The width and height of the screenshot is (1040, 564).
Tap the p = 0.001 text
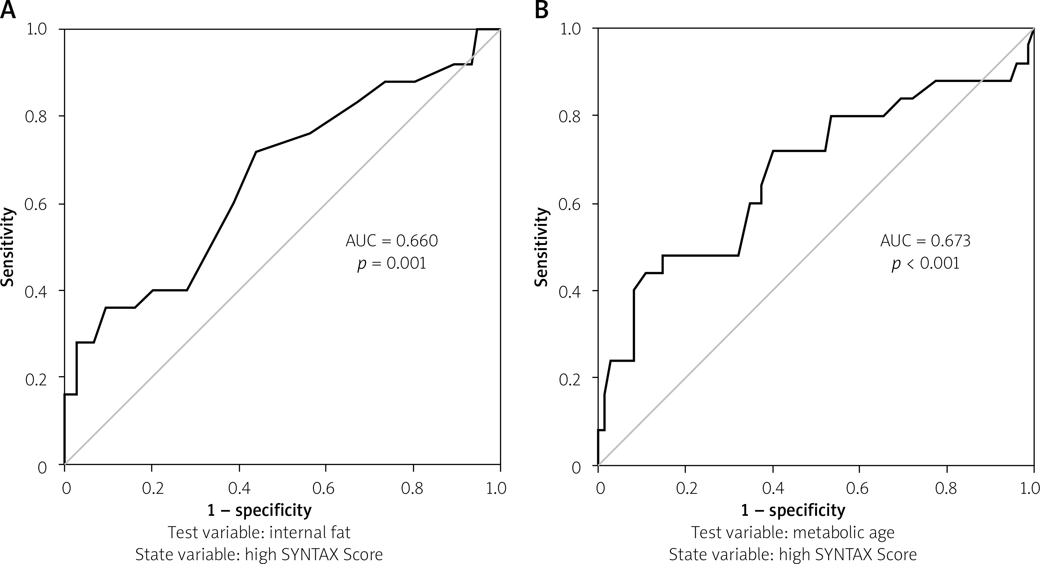click(x=392, y=263)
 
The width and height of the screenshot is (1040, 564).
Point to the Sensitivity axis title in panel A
click(x=7, y=247)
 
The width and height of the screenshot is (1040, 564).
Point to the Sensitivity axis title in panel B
click(x=541, y=247)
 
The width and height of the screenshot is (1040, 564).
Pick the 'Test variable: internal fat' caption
click(x=259, y=532)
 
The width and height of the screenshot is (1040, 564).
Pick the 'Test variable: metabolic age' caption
click(x=793, y=532)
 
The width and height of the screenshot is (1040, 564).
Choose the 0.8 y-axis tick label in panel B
click(x=569, y=116)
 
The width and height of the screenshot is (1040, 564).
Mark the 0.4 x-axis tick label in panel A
click(x=239, y=488)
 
